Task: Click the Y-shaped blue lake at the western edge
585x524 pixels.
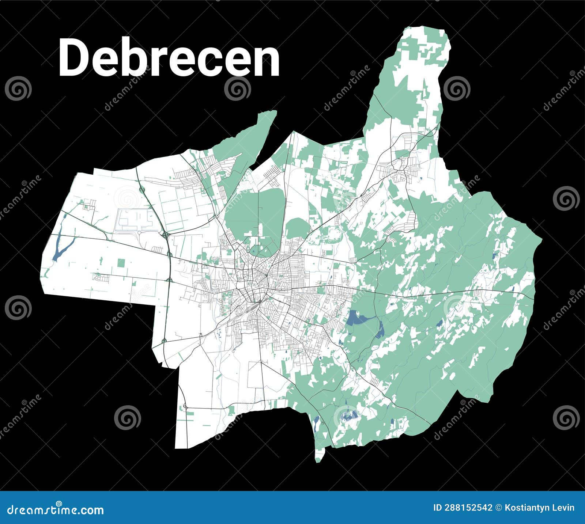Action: point(61,247)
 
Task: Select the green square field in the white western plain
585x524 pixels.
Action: point(121,262)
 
